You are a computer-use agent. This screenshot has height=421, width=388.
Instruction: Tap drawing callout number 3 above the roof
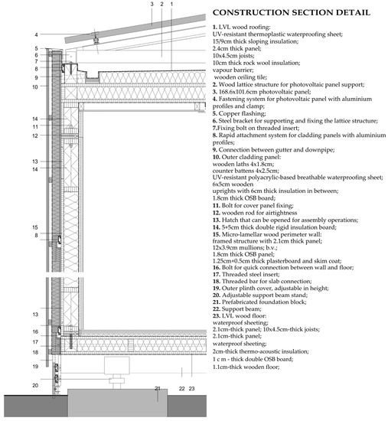[x=152, y=5]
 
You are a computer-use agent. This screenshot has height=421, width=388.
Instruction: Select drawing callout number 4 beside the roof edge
[x=36, y=34]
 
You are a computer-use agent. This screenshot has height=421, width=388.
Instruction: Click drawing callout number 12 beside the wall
[x=35, y=136]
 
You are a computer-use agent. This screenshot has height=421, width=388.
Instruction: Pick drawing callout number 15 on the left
[x=35, y=227]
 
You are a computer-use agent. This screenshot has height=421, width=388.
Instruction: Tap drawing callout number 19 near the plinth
[x=35, y=366]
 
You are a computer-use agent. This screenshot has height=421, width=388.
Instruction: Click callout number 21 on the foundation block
[x=158, y=390]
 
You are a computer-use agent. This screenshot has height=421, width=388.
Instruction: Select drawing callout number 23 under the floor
[x=193, y=390]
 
